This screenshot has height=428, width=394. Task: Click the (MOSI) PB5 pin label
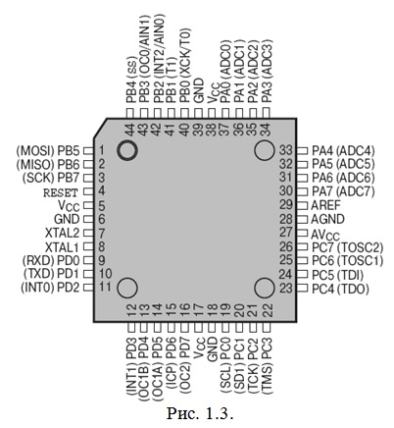[48, 151]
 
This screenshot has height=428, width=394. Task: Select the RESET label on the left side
[61, 192]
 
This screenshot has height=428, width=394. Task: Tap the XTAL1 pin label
[62, 246]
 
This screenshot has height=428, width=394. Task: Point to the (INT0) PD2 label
[50, 288]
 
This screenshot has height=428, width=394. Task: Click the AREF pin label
[325, 205]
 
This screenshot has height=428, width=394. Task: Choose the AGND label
[327, 219]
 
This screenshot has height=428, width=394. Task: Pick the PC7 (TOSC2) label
[348, 247]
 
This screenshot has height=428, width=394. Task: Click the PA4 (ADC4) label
[343, 151]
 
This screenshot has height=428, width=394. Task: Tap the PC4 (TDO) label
[340, 289]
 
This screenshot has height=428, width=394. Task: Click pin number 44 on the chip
[130, 130]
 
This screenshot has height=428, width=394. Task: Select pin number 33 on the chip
[286, 150]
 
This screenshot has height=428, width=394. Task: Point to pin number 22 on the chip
[268, 310]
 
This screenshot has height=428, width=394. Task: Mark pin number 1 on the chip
[101, 151]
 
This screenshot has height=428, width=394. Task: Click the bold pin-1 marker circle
[127, 141]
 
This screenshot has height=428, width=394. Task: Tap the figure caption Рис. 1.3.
[200, 413]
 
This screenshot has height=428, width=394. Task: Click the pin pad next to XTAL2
[88, 233]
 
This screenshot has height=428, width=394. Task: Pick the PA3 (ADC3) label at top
[267, 72]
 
